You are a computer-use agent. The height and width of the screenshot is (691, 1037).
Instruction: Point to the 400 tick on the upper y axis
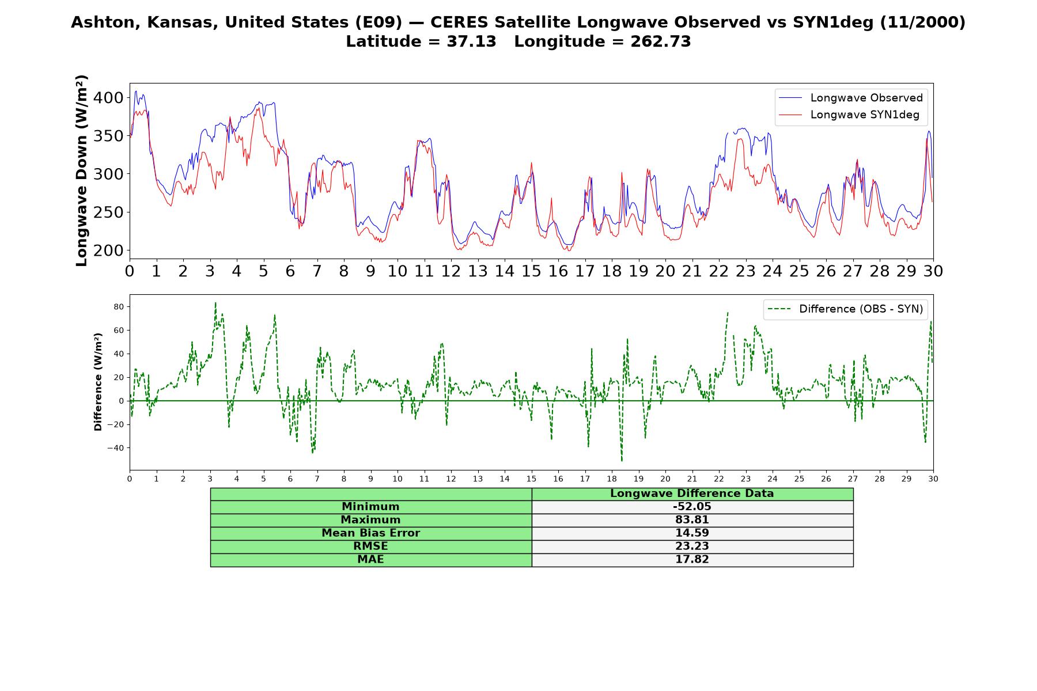pos(108,98)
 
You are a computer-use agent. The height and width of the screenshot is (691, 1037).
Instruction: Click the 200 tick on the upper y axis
pos(108,250)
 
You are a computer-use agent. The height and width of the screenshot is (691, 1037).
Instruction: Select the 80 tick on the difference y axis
pos(119,307)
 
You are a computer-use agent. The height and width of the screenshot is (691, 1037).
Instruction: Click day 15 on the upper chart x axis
pos(531,271)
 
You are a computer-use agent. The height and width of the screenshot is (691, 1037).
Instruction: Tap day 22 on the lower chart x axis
pos(718,479)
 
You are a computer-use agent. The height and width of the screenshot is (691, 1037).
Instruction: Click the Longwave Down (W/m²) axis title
pos(82,170)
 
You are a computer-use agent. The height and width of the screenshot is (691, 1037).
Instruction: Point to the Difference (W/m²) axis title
pos(99,382)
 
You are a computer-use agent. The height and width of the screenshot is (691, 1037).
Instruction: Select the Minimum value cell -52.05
pos(692,507)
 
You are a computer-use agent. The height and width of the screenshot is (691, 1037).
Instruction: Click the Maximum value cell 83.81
pos(692,520)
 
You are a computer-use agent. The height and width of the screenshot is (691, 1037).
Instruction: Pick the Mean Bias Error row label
pos(370,533)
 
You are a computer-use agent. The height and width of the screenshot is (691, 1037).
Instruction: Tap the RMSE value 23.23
pos(692,546)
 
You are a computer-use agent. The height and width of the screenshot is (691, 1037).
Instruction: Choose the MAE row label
pos(370,560)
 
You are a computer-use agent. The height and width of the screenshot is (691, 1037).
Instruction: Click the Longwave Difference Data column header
pos(692,493)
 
